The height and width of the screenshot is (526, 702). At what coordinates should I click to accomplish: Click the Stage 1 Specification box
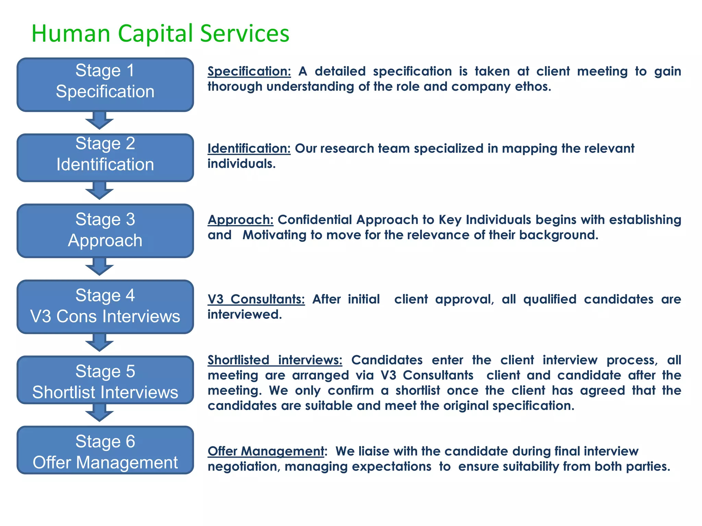pyautogui.click(x=105, y=85)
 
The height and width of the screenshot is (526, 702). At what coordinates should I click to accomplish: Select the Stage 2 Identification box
pyautogui.click(x=105, y=158)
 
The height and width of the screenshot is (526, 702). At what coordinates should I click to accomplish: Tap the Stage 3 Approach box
pyautogui.click(x=105, y=230)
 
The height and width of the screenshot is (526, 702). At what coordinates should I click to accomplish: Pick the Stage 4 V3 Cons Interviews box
pyautogui.click(x=105, y=306)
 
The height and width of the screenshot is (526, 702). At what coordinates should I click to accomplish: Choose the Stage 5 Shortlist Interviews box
pyautogui.click(x=105, y=380)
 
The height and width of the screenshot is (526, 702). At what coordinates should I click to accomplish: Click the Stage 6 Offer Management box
pyautogui.click(x=105, y=450)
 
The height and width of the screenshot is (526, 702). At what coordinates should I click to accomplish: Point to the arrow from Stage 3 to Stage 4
pyautogui.click(x=99, y=267)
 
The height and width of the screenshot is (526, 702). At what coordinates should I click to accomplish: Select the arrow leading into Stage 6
pyautogui.click(x=99, y=413)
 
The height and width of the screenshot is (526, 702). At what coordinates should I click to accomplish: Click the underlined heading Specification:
pyautogui.click(x=249, y=72)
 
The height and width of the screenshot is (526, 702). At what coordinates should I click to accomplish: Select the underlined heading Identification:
pyautogui.click(x=249, y=149)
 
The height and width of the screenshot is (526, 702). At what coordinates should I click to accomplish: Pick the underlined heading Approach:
pyautogui.click(x=241, y=220)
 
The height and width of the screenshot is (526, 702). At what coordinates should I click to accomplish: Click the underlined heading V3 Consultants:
pyautogui.click(x=256, y=299)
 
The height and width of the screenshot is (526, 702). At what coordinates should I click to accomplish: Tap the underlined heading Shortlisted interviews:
pyautogui.click(x=275, y=360)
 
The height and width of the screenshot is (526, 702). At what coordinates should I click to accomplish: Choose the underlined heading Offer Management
pyautogui.click(x=266, y=451)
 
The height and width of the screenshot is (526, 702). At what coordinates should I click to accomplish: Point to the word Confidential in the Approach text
pyautogui.click(x=315, y=220)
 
